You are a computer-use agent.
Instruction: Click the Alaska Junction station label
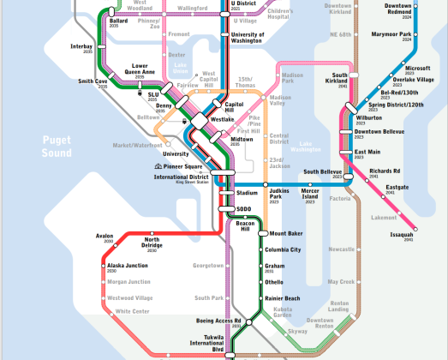[x=128, y=266]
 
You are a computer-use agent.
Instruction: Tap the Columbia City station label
[x=283, y=249]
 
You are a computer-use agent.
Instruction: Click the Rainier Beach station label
[x=282, y=298]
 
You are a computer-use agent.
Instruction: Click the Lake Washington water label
[x=318, y=147]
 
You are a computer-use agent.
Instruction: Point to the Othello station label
[x=274, y=282]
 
